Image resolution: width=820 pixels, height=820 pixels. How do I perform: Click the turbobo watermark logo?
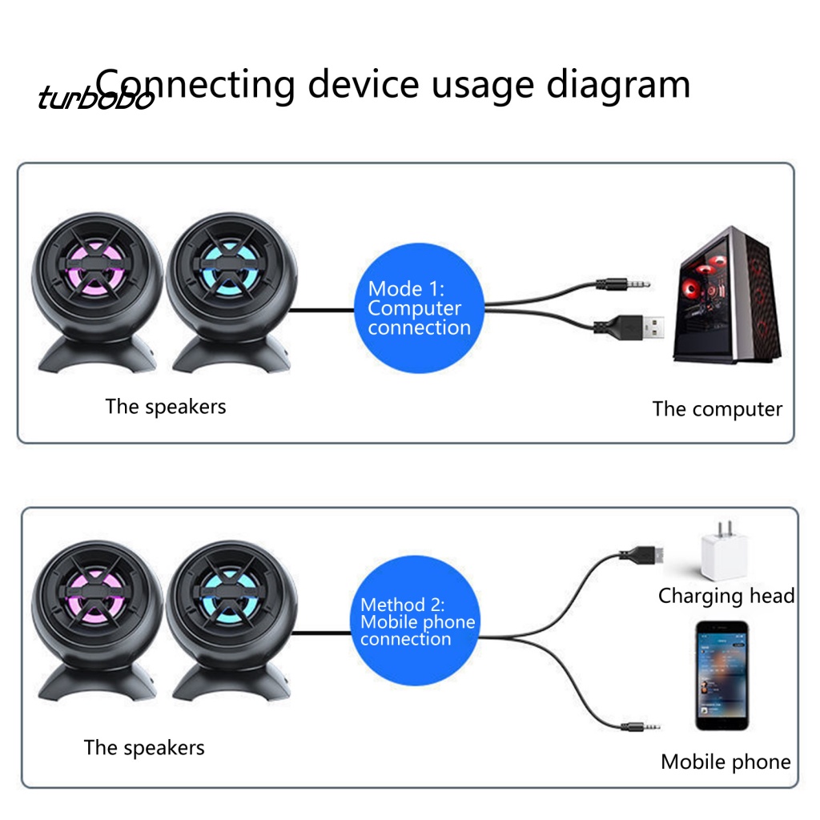(x=96, y=97)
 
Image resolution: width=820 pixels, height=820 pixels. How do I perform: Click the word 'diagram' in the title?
(x=618, y=86)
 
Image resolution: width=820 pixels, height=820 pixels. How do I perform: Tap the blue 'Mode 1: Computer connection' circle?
(x=419, y=308)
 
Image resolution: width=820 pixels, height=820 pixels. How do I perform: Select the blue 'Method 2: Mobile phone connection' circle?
(x=415, y=621)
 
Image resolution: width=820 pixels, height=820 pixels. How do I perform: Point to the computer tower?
(x=727, y=295)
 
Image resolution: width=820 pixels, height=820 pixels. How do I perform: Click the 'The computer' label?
(x=717, y=409)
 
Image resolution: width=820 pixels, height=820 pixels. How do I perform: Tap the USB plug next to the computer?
(x=629, y=328)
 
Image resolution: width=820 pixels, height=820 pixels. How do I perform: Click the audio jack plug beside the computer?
(x=623, y=284)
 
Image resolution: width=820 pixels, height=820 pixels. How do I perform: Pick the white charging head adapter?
(x=724, y=551)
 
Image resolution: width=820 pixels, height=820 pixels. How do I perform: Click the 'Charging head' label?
(x=726, y=596)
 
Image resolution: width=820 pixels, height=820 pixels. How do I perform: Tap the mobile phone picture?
(x=722, y=676)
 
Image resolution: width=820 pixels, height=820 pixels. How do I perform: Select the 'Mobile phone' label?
(x=726, y=762)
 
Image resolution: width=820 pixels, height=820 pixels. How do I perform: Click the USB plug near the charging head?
(x=641, y=554)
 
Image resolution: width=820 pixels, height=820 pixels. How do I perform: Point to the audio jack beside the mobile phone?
(x=640, y=726)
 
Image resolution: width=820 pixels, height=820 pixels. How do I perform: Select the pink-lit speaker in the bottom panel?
(x=97, y=621)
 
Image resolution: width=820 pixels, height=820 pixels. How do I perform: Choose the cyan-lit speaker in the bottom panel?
(x=231, y=621)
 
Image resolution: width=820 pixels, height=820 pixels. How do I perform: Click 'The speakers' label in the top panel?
(x=166, y=407)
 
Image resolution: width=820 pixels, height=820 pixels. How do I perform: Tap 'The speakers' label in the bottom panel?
(x=144, y=748)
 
